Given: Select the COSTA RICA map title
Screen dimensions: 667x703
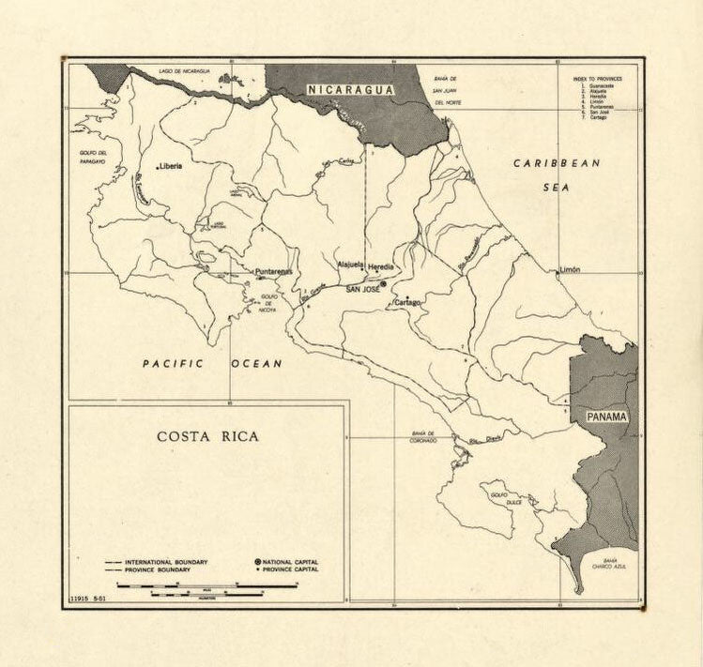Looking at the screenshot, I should tap(207, 436).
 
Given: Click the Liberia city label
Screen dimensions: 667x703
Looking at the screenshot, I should tap(171, 166).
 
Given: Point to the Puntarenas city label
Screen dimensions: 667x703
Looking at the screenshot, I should tap(274, 272).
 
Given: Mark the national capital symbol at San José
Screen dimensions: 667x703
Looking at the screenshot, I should tap(383, 282).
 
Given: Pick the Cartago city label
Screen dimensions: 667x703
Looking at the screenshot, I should tap(407, 303).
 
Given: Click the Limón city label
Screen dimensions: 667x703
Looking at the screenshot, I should tap(570, 269).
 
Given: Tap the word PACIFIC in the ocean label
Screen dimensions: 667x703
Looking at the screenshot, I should tap(173, 363).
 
